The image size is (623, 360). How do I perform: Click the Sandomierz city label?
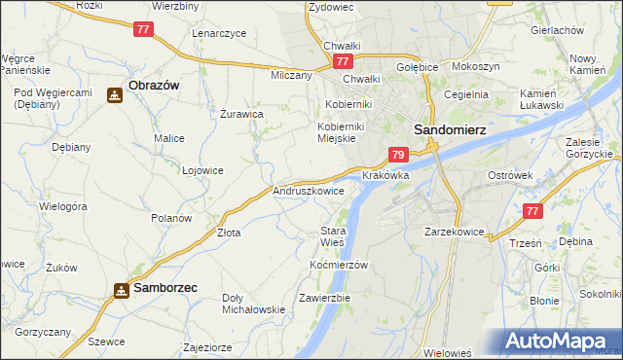pyautogui.click(x=450, y=128)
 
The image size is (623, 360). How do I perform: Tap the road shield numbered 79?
pyautogui.click(x=397, y=155)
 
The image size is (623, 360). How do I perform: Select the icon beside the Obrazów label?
pyautogui.click(x=115, y=95)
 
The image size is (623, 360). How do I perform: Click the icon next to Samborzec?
pyautogui.click(x=122, y=290)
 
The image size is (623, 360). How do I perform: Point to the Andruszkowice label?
pyautogui.click(x=309, y=192)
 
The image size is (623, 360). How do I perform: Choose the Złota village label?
pyautogui.click(x=229, y=233)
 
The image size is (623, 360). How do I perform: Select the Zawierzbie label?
pyautogui.click(x=325, y=297)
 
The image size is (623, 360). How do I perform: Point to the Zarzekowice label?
pyautogui.click(x=455, y=233)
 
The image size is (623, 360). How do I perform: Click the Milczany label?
pyautogui.click(x=291, y=75)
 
